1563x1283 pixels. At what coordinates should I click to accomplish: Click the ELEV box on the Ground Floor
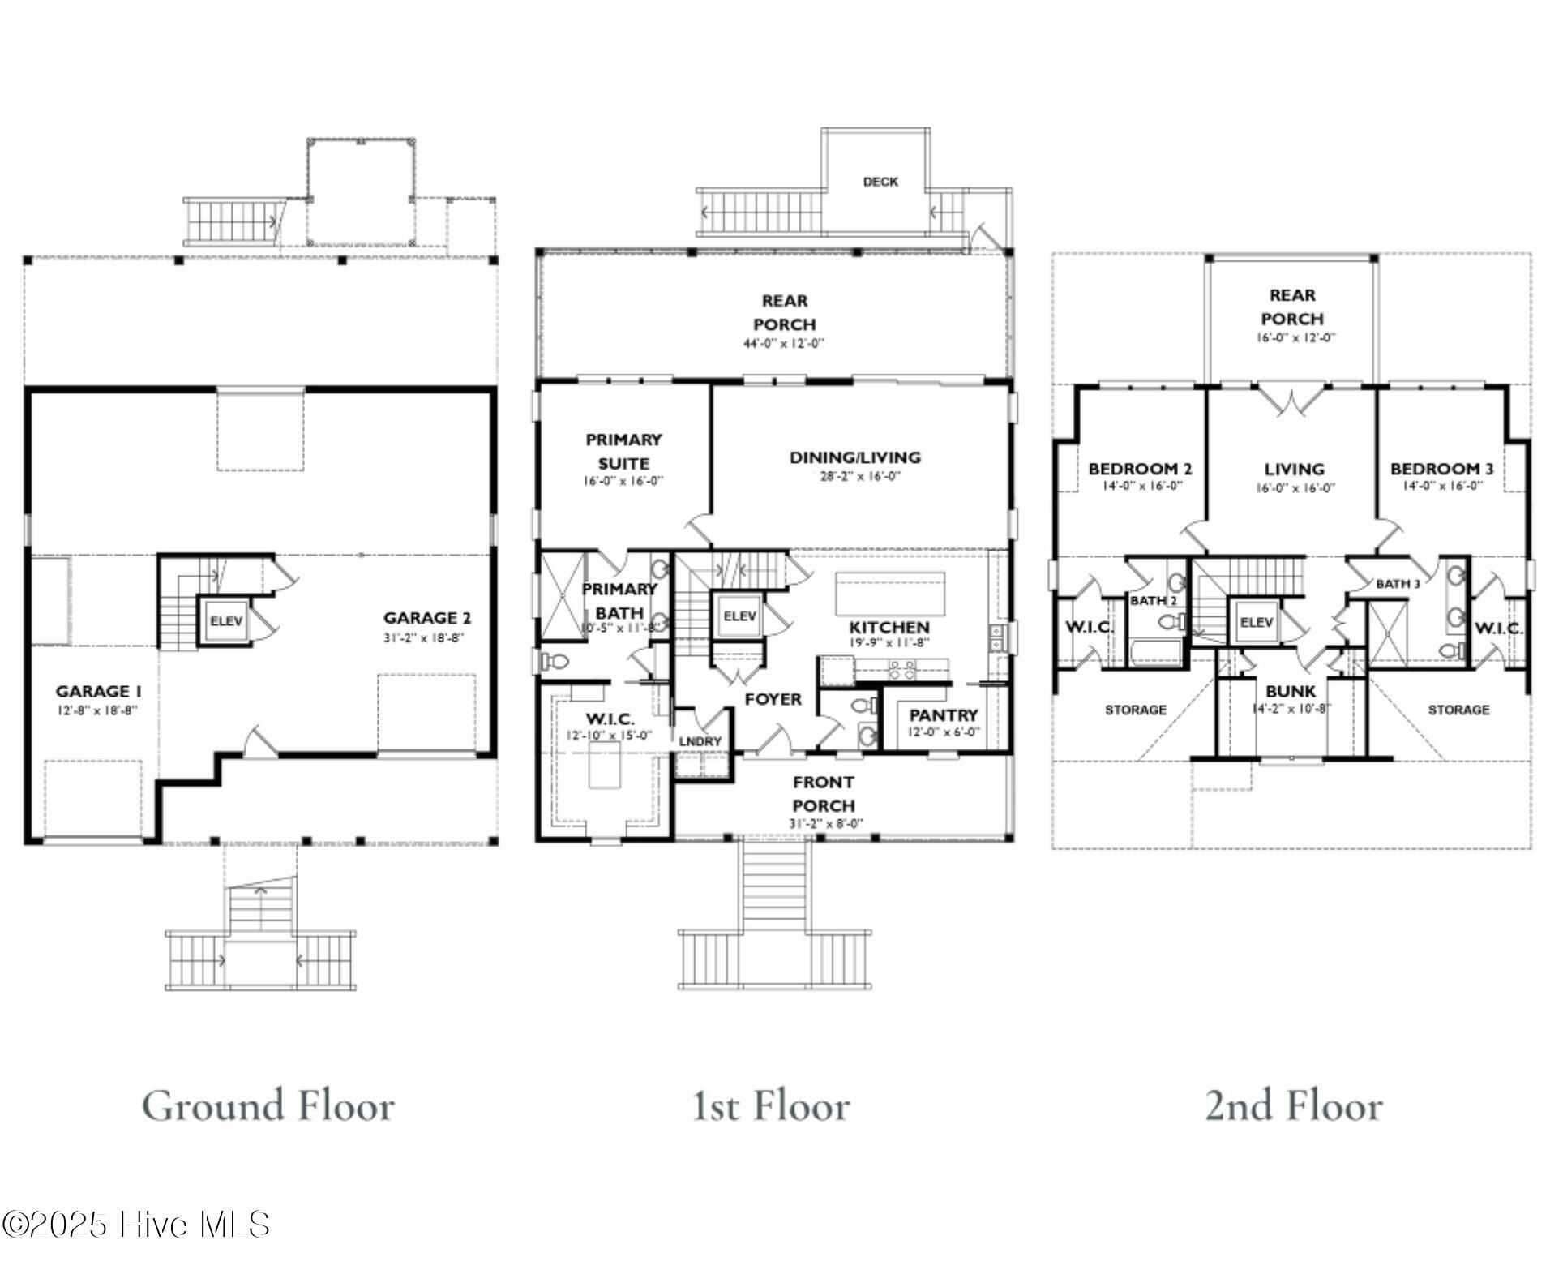point(226,622)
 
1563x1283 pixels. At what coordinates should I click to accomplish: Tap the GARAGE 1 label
point(98,692)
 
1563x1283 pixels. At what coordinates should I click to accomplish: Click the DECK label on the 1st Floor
point(880,182)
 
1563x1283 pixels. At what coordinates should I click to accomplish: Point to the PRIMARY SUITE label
point(623,452)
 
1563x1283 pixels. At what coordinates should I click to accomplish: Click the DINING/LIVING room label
point(855,457)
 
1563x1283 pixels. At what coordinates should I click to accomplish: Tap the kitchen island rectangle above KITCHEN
point(890,594)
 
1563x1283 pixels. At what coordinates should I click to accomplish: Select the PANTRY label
point(943,715)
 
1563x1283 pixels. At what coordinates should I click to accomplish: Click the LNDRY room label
point(700,741)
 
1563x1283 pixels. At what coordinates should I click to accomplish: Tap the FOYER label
point(773,699)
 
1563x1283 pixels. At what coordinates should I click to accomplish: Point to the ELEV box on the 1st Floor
point(739,616)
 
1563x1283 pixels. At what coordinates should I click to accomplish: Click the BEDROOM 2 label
point(1140,469)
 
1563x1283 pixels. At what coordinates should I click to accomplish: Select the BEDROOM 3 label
point(1441,469)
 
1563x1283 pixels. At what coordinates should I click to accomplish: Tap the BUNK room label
point(1291,692)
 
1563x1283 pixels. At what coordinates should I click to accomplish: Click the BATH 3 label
point(1398,584)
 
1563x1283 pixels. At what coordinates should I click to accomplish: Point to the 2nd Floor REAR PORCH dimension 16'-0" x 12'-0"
point(1295,338)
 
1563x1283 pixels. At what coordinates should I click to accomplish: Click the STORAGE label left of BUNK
point(1136,710)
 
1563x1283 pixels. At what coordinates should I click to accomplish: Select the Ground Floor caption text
point(268,1105)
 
